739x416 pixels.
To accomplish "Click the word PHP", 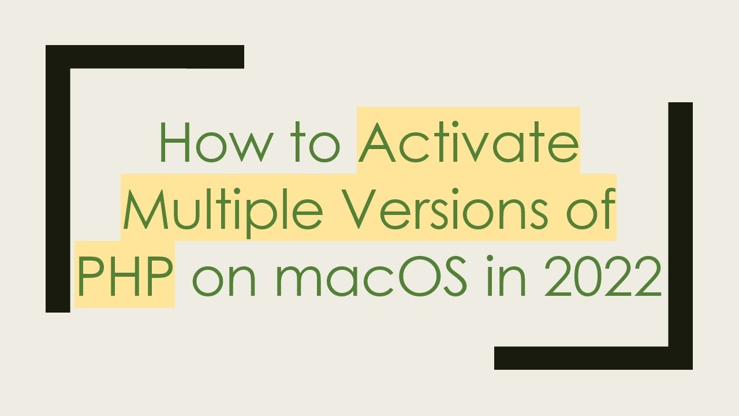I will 125,276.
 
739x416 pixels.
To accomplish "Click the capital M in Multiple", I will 144,208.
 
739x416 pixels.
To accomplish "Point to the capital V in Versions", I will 360,208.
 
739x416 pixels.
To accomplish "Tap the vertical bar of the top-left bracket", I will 58,185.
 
